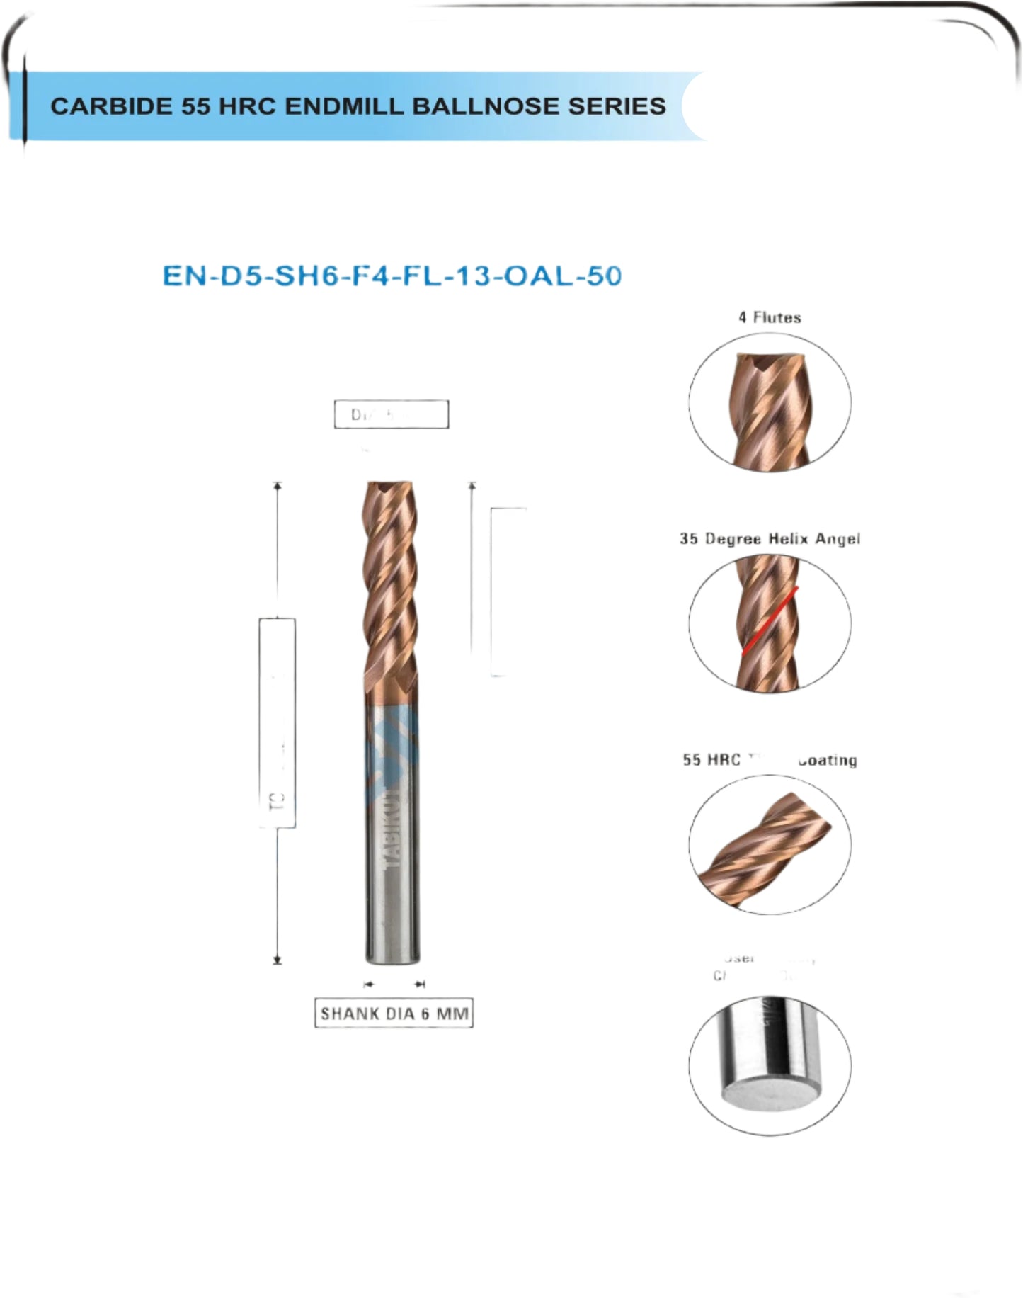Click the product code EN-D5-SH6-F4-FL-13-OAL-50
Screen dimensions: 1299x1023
pyautogui.click(x=392, y=276)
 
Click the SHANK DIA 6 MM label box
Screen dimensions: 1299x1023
pyautogui.click(x=394, y=1014)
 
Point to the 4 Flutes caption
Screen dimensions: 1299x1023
pyautogui.click(x=770, y=317)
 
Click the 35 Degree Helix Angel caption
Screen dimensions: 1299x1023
pyautogui.click(x=770, y=539)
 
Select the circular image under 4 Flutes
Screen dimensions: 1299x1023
pyautogui.click(x=770, y=402)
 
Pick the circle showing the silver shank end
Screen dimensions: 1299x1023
pyautogui.click(x=770, y=1065)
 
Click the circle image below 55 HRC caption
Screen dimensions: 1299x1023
pyautogui.click(x=770, y=844)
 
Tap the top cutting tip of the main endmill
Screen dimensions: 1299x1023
pyautogui.click(x=390, y=487)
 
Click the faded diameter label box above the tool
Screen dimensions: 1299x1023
pyautogui.click(x=391, y=414)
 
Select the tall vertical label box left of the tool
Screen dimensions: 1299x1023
pyautogui.click(x=278, y=722)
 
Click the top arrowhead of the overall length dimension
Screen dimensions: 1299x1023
pyautogui.click(x=278, y=486)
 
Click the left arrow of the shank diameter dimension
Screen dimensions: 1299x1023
pyautogui.click(x=367, y=984)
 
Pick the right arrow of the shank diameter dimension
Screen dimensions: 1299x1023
pyautogui.click(x=421, y=984)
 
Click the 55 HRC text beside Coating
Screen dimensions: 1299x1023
pyautogui.click(x=711, y=760)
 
